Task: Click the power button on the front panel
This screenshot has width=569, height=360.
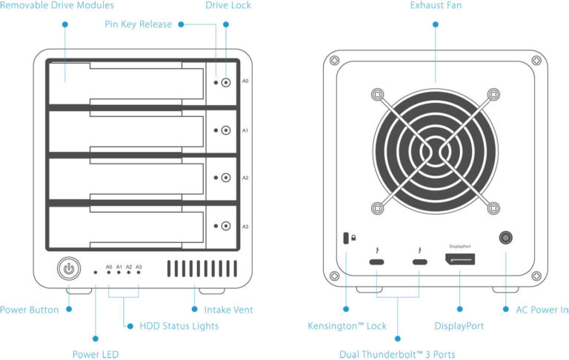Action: tap(68, 268)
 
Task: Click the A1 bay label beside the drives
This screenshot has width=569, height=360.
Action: tap(245, 130)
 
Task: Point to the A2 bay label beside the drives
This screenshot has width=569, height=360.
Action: tap(245, 178)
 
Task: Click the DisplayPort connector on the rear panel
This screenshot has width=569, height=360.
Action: tap(460, 261)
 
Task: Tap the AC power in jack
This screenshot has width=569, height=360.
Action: tap(506, 239)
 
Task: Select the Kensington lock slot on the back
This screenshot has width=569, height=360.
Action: tap(346, 239)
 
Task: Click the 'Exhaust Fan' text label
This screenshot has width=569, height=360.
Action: tap(436, 6)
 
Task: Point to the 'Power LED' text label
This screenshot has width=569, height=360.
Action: tap(95, 354)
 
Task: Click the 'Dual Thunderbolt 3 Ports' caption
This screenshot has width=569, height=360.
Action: tap(397, 354)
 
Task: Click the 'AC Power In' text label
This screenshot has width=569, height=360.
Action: tap(541, 310)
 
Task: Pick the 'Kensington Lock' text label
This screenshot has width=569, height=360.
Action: tap(347, 326)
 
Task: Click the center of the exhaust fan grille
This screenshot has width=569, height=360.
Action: tap(435, 151)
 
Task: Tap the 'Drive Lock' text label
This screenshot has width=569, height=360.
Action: tap(228, 6)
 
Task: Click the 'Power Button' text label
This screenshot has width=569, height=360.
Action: tap(30, 310)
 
